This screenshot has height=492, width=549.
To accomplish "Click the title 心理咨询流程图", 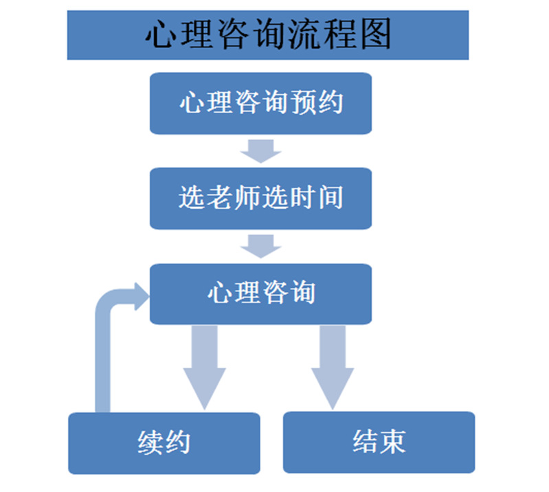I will pos(268,34).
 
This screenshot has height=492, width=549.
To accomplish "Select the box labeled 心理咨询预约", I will pos(261,103).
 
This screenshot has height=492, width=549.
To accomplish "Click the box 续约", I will pos(164,443).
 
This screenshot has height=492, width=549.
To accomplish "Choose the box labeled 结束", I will pos(379,442).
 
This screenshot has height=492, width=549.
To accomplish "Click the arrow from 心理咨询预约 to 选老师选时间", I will pos(261,150).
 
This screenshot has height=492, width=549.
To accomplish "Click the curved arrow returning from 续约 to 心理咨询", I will pos(103,344).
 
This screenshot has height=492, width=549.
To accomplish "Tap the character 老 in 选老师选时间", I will pos(220,199).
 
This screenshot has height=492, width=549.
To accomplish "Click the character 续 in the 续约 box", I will pos(150,443).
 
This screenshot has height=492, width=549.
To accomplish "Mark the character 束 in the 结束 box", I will pos(392,442).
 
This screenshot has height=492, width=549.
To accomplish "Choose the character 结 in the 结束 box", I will pos(365,442).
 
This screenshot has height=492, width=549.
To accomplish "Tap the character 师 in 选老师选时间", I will pos(247,199).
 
